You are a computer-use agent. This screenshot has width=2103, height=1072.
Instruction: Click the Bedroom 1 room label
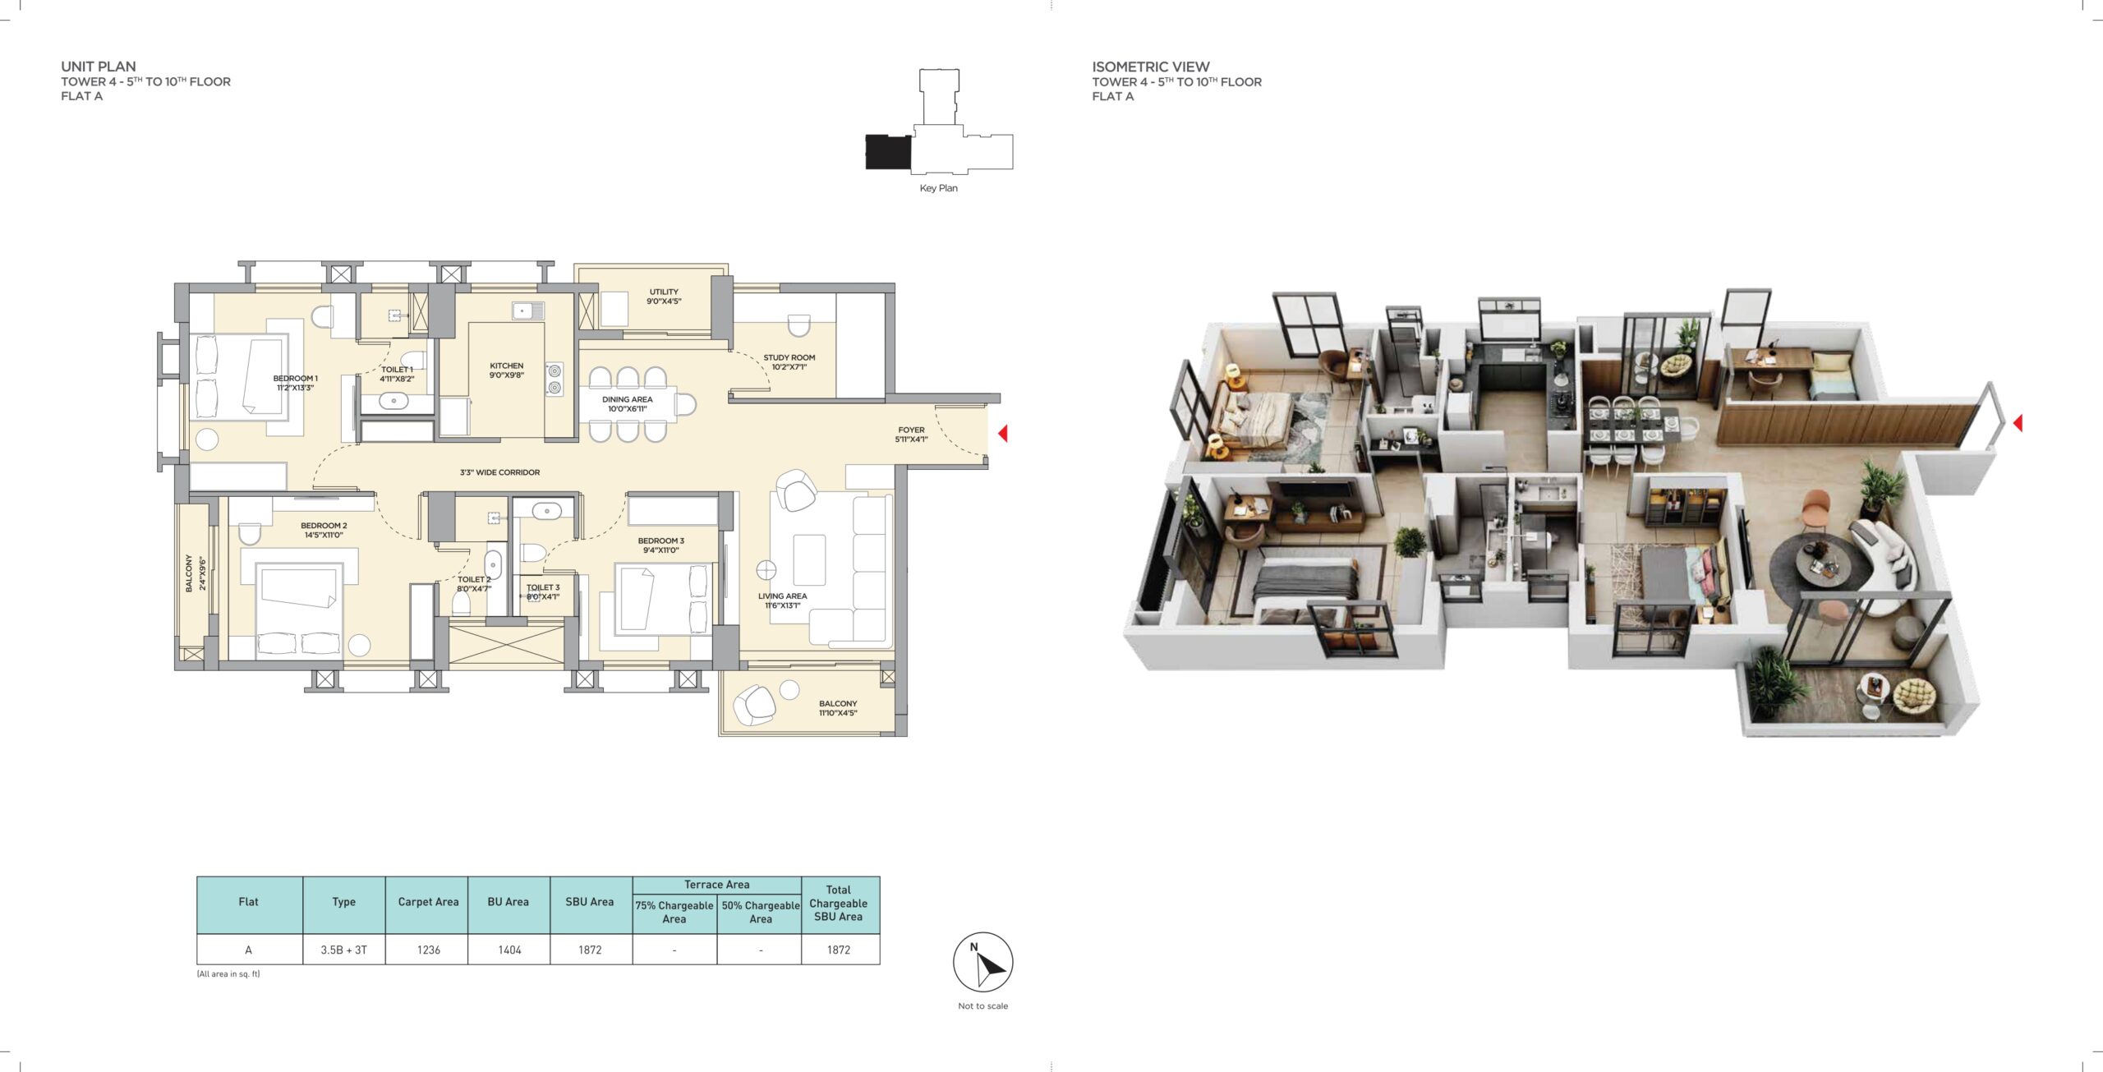[296, 383]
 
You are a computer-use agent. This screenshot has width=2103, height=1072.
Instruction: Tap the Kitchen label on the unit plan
[507, 370]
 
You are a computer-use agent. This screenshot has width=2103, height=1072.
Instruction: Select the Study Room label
[789, 362]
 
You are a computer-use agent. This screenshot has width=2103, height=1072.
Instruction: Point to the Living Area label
[783, 600]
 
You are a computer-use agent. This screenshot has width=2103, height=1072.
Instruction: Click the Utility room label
[664, 297]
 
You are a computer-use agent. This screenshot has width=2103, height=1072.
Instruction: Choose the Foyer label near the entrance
[911, 435]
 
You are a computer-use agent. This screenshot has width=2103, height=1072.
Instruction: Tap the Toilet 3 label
[543, 592]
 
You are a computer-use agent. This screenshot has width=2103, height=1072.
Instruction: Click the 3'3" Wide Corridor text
[500, 472]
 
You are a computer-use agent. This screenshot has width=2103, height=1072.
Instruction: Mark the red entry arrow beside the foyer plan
[1002, 433]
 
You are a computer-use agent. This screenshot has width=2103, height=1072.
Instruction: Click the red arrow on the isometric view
[2018, 423]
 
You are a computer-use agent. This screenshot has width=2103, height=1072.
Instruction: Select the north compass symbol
[983, 962]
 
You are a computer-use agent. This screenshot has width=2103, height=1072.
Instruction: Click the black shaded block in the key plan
[888, 152]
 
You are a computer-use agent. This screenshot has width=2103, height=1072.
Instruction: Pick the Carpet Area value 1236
[429, 950]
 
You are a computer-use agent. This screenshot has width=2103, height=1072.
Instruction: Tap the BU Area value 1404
[509, 950]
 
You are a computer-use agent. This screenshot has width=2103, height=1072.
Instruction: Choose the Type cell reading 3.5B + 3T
[344, 950]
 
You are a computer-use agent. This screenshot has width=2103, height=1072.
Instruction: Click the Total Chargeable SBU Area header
[839, 904]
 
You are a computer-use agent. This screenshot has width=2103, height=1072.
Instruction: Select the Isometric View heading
[1151, 67]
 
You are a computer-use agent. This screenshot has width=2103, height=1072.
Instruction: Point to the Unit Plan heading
[99, 67]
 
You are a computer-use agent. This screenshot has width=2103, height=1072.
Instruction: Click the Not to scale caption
[983, 1005]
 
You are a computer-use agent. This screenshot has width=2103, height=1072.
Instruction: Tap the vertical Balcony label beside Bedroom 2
[195, 573]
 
